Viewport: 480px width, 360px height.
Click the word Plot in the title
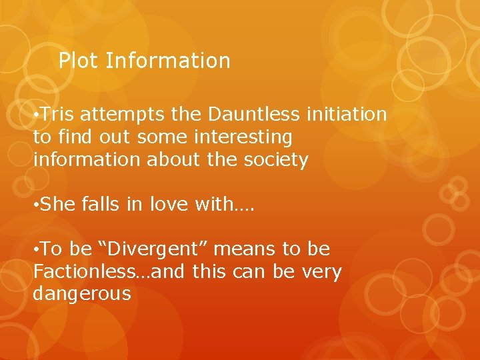coord(79,61)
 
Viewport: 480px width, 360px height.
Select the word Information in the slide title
coord(168,61)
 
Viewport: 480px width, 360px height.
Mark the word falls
coord(101,205)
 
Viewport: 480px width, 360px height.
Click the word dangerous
coord(82,294)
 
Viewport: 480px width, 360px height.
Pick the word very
coord(323,272)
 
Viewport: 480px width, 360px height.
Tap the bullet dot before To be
coord(36,250)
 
